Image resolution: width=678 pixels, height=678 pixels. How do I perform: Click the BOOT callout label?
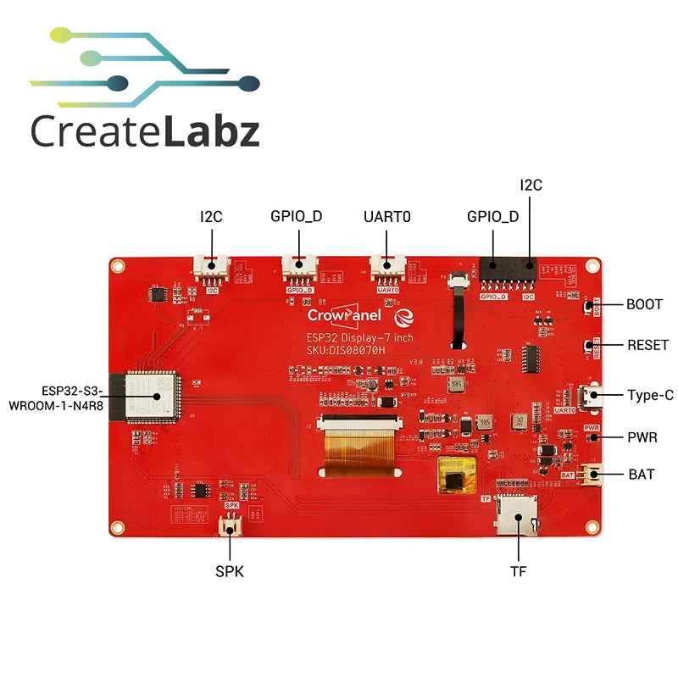tap(643, 304)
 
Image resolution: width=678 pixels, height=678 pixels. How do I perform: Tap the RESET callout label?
tap(648, 345)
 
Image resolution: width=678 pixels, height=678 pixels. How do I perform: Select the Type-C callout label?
tap(651, 395)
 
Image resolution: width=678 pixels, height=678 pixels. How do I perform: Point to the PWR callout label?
tap(642, 437)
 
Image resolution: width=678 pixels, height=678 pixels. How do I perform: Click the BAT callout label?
tap(641, 474)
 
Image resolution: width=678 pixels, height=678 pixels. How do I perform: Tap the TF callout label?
tap(518, 571)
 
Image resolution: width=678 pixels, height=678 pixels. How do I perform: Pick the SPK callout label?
tap(230, 571)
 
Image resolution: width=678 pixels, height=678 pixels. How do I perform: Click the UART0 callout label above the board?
tap(387, 216)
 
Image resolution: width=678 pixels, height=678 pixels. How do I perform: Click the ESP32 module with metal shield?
tap(153, 396)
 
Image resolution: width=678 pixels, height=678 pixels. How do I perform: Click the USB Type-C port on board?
tap(587, 395)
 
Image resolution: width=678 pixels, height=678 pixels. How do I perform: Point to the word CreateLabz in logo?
tap(144, 133)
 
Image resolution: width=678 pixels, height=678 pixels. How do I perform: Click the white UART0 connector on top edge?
tap(387, 270)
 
